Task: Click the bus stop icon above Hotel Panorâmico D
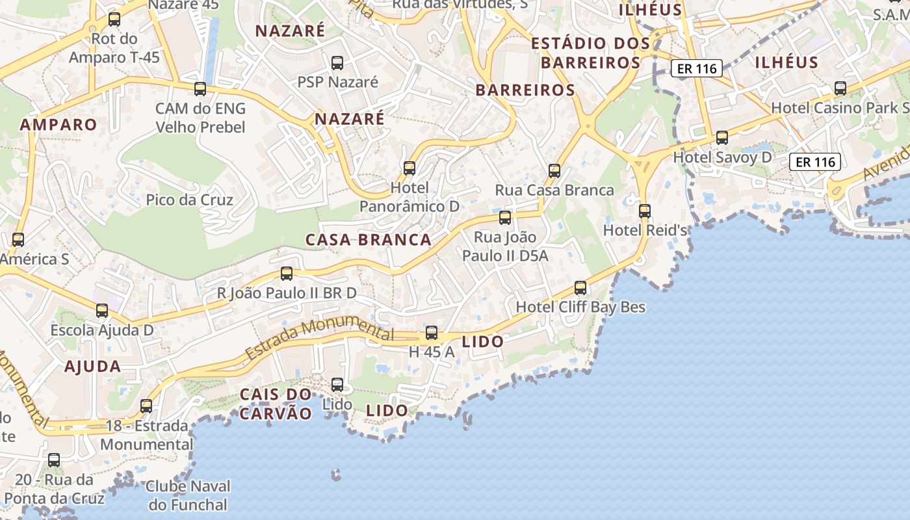[409, 168]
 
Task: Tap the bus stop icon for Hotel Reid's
[645, 211]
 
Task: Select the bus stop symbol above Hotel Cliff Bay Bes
[580, 288]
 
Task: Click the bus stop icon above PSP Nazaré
[337, 63]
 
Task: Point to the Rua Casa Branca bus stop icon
[554, 171]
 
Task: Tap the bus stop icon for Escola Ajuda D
[102, 311]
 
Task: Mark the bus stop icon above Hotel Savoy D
[722, 138]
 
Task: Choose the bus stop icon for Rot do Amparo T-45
[114, 19]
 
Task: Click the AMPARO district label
[58, 125]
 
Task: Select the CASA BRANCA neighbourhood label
[369, 240]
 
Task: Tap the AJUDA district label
[93, 367]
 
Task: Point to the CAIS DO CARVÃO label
[276, 404]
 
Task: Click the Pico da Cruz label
[189, 200]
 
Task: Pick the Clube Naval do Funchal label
[188, 495]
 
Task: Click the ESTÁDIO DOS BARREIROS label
[590, 53]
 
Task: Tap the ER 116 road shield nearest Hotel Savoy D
[815, 162]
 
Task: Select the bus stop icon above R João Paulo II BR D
[287, 274]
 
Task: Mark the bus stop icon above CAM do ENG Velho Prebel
[200, 89]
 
